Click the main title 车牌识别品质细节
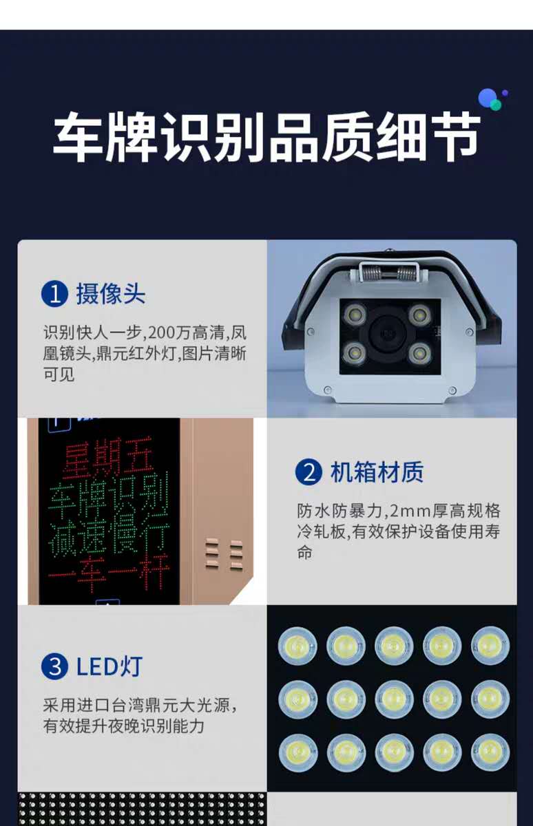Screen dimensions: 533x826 pos(266,137)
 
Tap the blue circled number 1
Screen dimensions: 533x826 pos(54,295)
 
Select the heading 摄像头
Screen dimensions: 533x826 pos(111,294)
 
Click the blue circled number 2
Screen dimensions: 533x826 pos(309,472)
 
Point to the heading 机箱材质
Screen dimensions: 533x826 pos(377,472)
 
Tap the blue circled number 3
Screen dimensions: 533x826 pos(54,667)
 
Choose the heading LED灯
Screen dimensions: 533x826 pos(109,667)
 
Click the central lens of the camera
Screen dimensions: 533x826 pos(388,334)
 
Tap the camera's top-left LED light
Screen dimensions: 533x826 pos(355,315)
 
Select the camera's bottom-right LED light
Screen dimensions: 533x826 pos(420,354)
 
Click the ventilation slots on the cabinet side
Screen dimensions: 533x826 pos(224,555)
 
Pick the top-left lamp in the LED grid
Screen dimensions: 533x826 pos(297,646)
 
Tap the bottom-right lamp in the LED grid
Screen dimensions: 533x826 pos(490,753)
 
